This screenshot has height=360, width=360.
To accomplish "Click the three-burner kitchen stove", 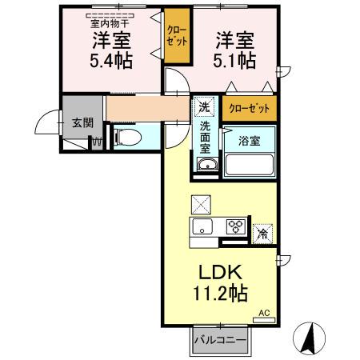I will [235, 226].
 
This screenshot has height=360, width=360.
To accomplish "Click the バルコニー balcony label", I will [218, 339].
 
